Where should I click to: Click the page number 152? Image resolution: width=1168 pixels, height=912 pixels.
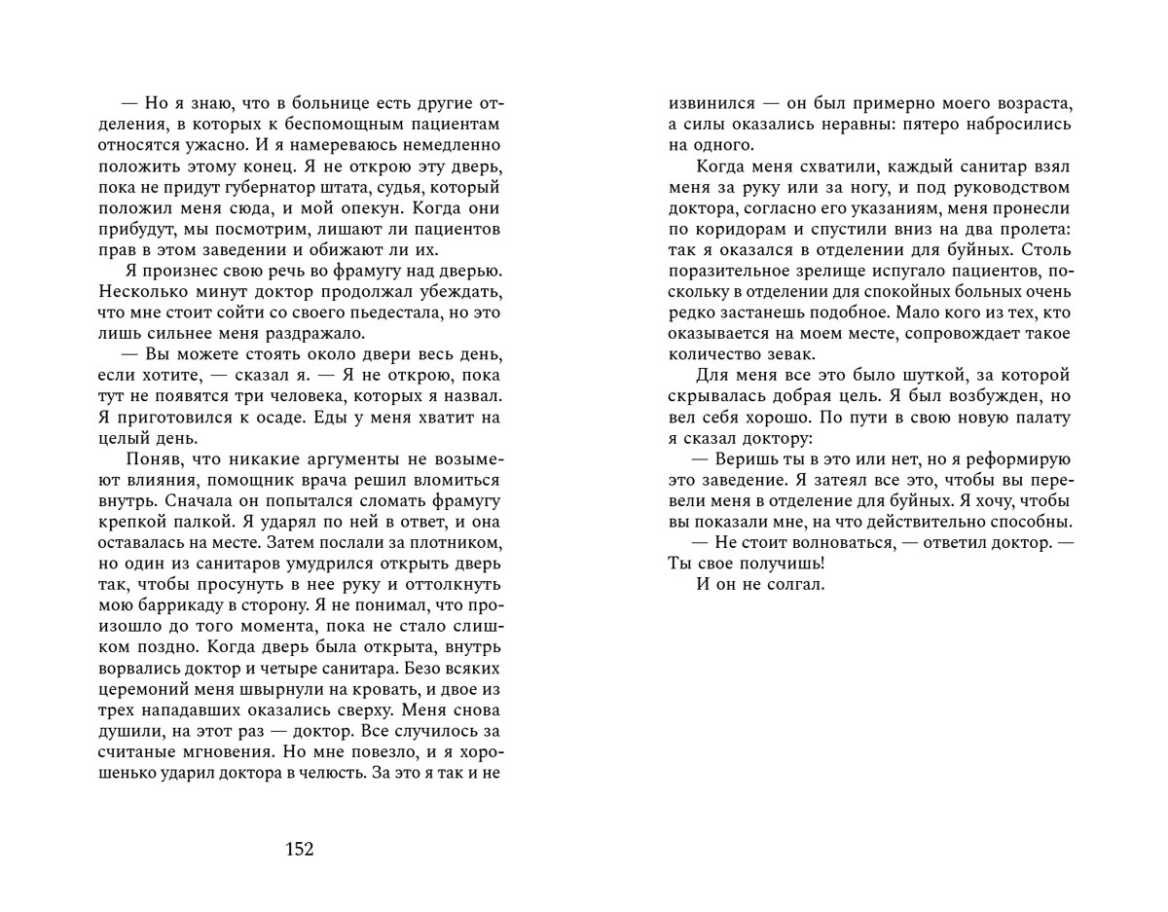299,850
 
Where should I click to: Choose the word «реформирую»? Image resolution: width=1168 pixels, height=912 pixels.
1018,458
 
